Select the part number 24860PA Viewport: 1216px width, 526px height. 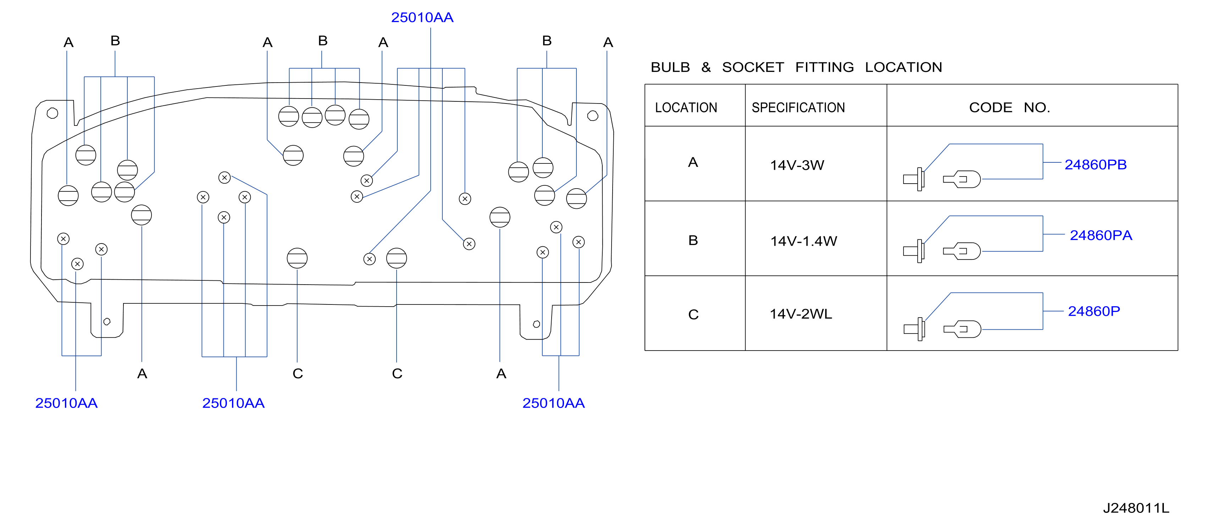tap(1101, 235)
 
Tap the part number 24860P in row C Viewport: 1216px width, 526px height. tap(1094, 311)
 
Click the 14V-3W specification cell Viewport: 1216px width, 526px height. tap(797, 165)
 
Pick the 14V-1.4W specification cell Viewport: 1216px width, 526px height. tap(803, 241)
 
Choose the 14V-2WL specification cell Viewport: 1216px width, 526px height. tap(801, 314)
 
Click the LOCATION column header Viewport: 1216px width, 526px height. tap(686, 107)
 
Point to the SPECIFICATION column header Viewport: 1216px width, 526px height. tap(798, 107)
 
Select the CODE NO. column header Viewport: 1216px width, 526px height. tap(1009, 107)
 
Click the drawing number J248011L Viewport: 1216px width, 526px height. tap(1136, 508)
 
